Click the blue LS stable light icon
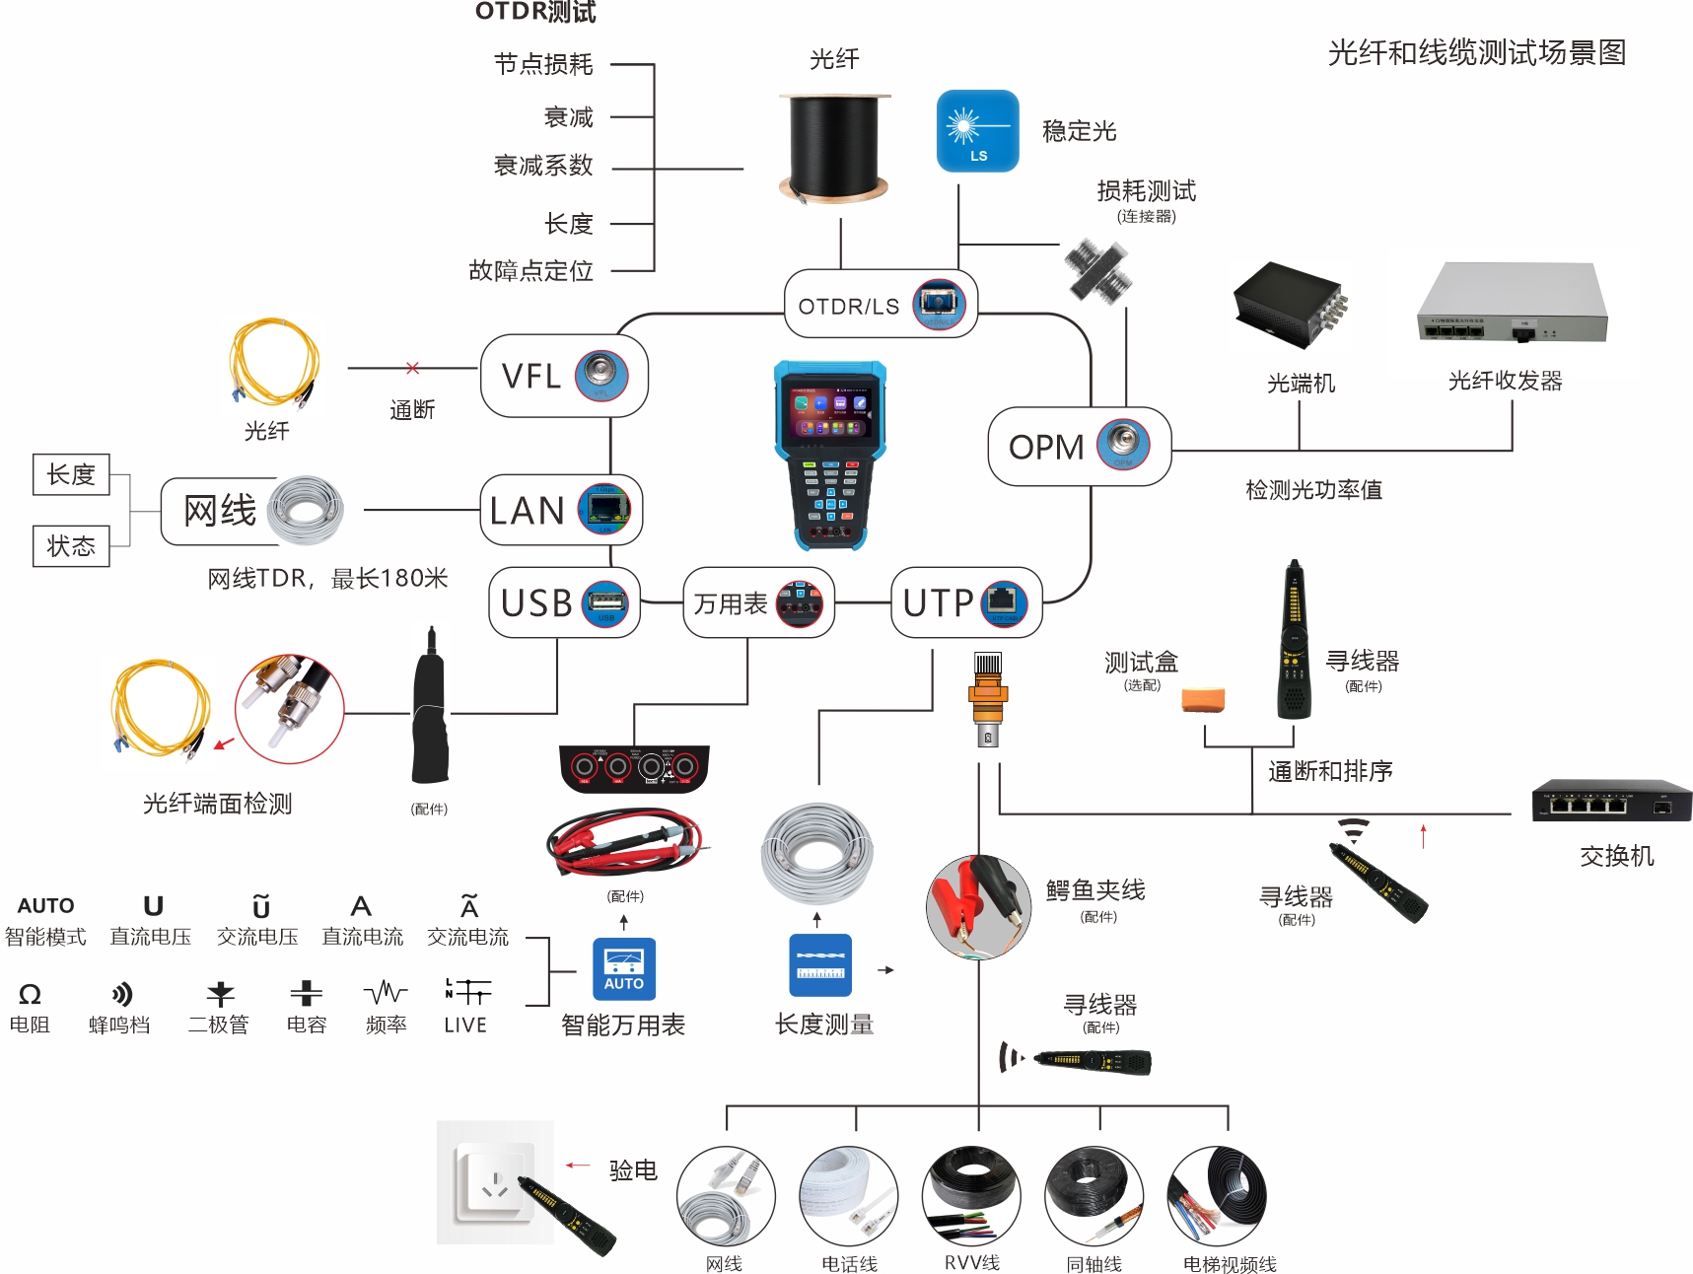tap(977, 130)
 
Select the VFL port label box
tap(563, 376)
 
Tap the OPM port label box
tap(1079, 447)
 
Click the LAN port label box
tap(561, 510)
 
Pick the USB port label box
tap(564, 602)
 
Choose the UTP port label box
tap(965, 602)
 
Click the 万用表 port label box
tap(758, 602)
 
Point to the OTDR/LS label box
tap(881, 305)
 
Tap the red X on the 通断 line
tap(412, 368)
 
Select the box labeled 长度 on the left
tap(71, 474)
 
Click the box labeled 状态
tap(71, 546)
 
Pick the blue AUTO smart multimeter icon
tap(623, 968)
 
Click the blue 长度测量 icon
tap(820, 964)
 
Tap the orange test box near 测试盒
tap(1203, 699)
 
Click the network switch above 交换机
tap(1611, 801)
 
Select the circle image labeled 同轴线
tap(1093, 1196)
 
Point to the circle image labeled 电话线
tap(848, 1196)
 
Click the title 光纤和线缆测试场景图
tap(1476, 53)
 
